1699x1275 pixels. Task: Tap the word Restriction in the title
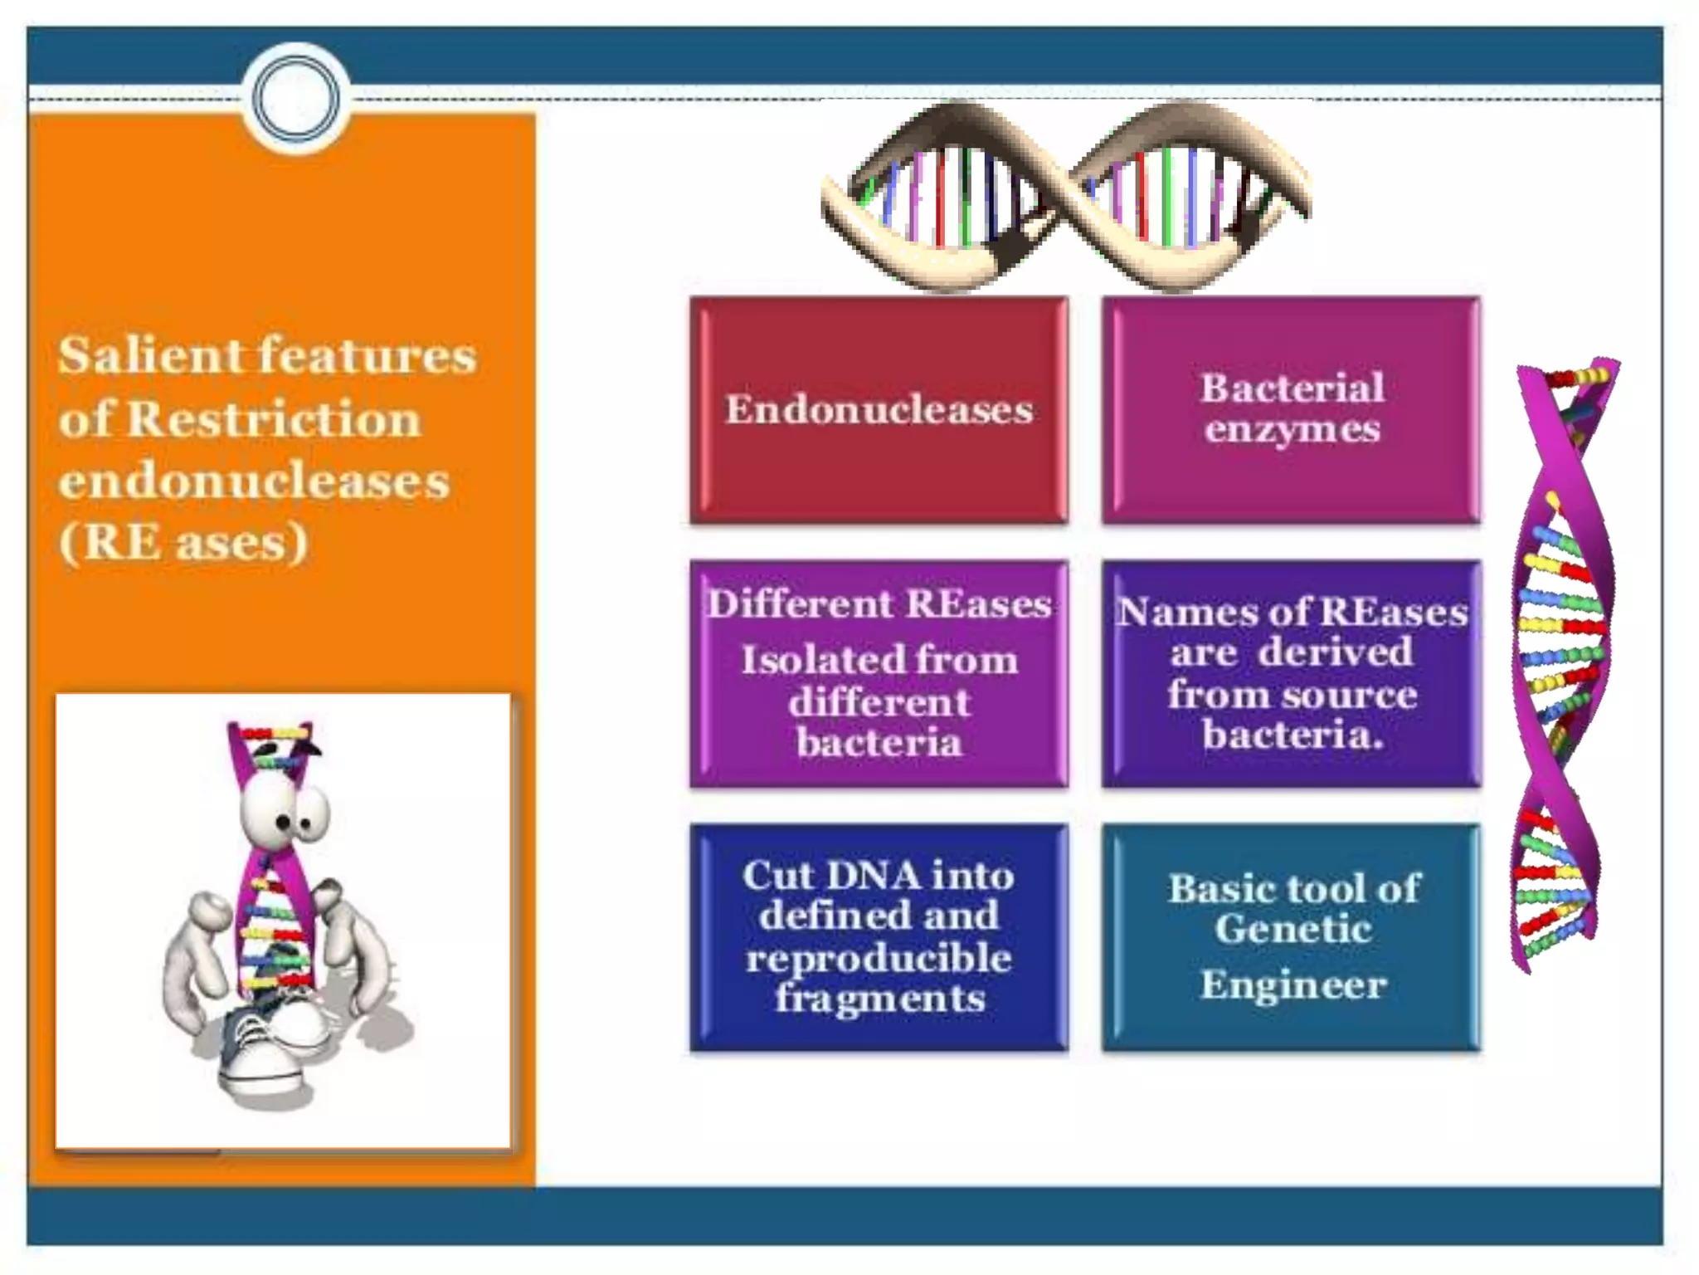click(275, 419)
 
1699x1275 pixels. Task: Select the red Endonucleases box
click(879, 410)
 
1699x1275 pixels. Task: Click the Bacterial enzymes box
click(1292, 410)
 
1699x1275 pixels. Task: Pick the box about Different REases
click(879, 674)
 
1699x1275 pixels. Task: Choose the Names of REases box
click(1292, 674)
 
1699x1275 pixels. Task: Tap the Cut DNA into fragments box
click(879, 937)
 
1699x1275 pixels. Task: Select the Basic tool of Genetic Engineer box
click(1292, 937)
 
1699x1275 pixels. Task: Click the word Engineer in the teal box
click(1293, 986)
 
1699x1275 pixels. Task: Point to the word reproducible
click(879, 959)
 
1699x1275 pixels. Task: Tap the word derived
click(1335, 652)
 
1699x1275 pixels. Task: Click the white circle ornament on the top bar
click(295, 98)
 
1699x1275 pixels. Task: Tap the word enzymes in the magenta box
click(1292, 430)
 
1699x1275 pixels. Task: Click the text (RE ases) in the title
click(183, 544)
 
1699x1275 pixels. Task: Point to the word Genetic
click(1292, 929)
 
